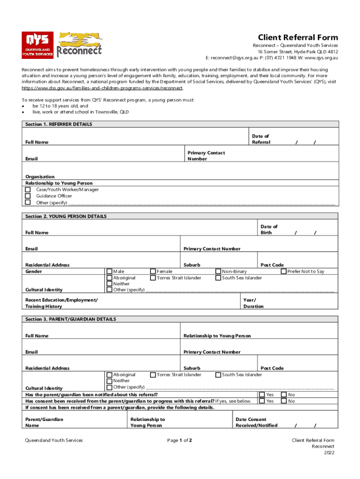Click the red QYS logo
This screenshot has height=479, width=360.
[37, 45]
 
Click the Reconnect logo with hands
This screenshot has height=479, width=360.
[79, 44]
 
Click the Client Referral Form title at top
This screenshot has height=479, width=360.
[298, 37]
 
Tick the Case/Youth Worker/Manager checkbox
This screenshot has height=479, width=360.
[28, 189]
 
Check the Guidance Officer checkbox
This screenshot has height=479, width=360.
[28, 196]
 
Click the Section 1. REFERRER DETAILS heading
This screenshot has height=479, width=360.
[58, 124]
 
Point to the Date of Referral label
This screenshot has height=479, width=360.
[260, 139]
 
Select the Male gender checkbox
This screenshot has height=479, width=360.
[109, 271]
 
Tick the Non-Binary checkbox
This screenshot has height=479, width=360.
[218, 271]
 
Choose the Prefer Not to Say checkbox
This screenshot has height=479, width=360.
[284, 271]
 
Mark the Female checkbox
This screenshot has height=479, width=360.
[153, 271]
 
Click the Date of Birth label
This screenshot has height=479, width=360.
[269, 230]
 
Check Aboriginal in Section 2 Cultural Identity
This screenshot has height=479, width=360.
[109, 278]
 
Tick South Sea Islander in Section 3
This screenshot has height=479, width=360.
[218, 375]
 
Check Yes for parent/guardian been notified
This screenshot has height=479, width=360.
[262, 395]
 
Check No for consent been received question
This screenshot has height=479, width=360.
[284, 401]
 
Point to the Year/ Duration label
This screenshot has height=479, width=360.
[253, 303]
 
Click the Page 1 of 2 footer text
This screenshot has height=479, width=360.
[180, 440]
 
